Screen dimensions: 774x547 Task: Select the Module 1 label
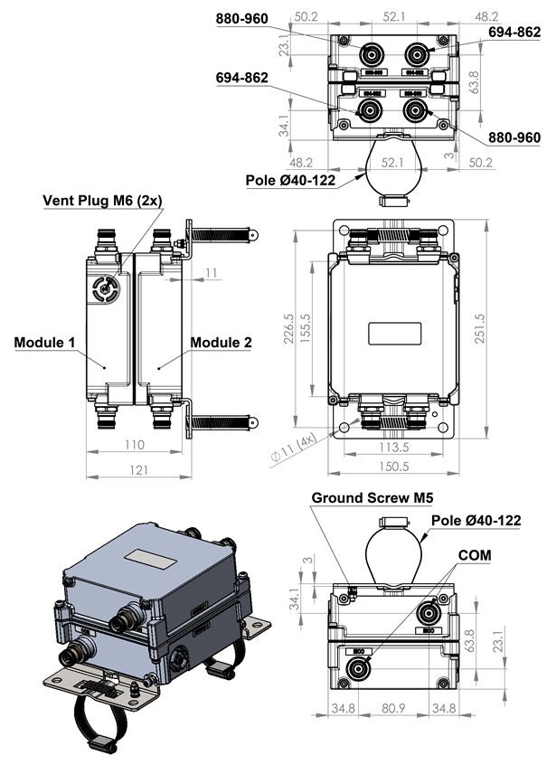coord(44,343)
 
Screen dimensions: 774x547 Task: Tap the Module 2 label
coord(222,343)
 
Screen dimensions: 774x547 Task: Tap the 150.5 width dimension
coord(393,467)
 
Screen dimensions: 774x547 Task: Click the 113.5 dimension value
coord(392,447)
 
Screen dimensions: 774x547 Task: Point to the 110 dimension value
coord(132,446)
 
